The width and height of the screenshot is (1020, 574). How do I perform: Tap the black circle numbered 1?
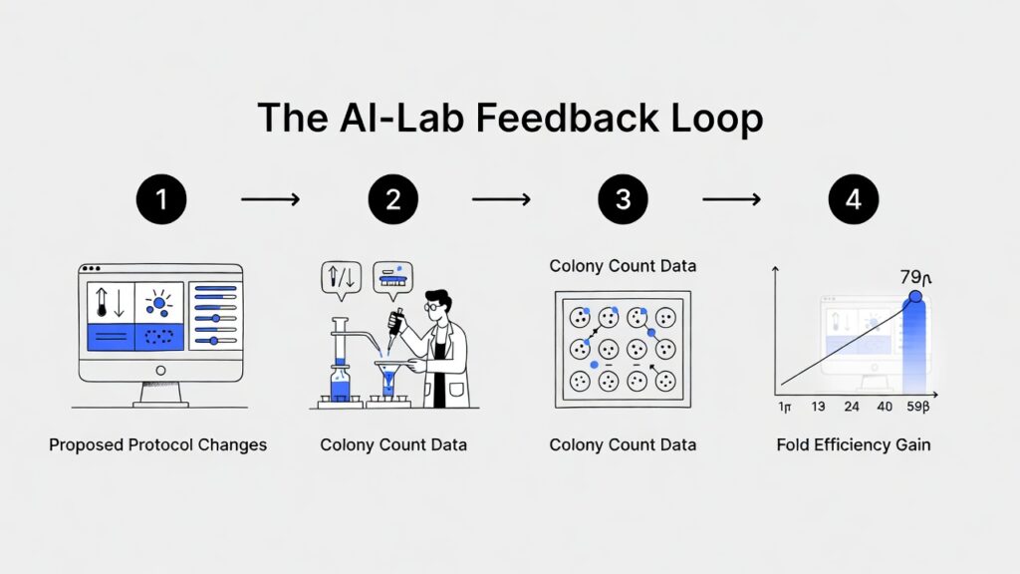[x=161, y=200]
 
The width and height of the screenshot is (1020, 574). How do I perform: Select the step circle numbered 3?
[x=623, y=200]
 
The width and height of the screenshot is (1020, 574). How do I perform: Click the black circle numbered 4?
[x=854, y=200]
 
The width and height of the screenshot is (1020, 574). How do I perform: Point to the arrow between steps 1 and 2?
[x=271, y=200]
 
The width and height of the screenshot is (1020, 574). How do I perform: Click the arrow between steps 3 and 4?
[x=732, y=200]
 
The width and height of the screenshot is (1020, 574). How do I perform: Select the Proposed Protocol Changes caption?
[x=158, y=444]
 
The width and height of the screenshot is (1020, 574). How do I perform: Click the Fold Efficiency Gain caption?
[x=854, y=444]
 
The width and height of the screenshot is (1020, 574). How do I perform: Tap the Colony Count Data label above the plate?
[x=623, y=266]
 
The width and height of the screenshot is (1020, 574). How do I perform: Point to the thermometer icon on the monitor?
[x=101, y=302]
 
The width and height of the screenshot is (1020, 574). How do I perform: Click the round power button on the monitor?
[x=160, y=370]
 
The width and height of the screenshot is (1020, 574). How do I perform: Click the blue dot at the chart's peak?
[x=914, y=297]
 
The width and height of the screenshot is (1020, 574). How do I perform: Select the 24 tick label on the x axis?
[x=852, y=407]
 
